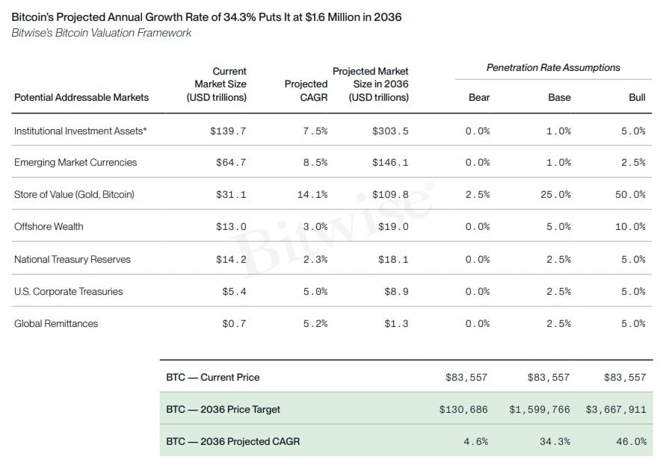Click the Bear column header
(479, 97)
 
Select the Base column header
(559, 97)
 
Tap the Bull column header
(637, 97)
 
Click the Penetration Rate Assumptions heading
(553, 67)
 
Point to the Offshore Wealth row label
(49, 227)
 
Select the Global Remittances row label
(56, 323)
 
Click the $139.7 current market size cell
(228, 131)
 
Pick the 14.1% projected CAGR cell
(312, 194)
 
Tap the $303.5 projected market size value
(390, 131)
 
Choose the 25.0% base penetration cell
(555, 194)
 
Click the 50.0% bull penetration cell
(630, 194)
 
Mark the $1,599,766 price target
(540, 410)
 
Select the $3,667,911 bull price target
(616, 410)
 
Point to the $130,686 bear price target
(463, 410)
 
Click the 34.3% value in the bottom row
(555, 442)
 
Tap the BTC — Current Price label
(213, 377)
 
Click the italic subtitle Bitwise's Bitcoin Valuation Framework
(102, 33)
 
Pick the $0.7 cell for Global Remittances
(234, 324)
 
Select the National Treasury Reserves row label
(73, 259)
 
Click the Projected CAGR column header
(306, 90)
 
